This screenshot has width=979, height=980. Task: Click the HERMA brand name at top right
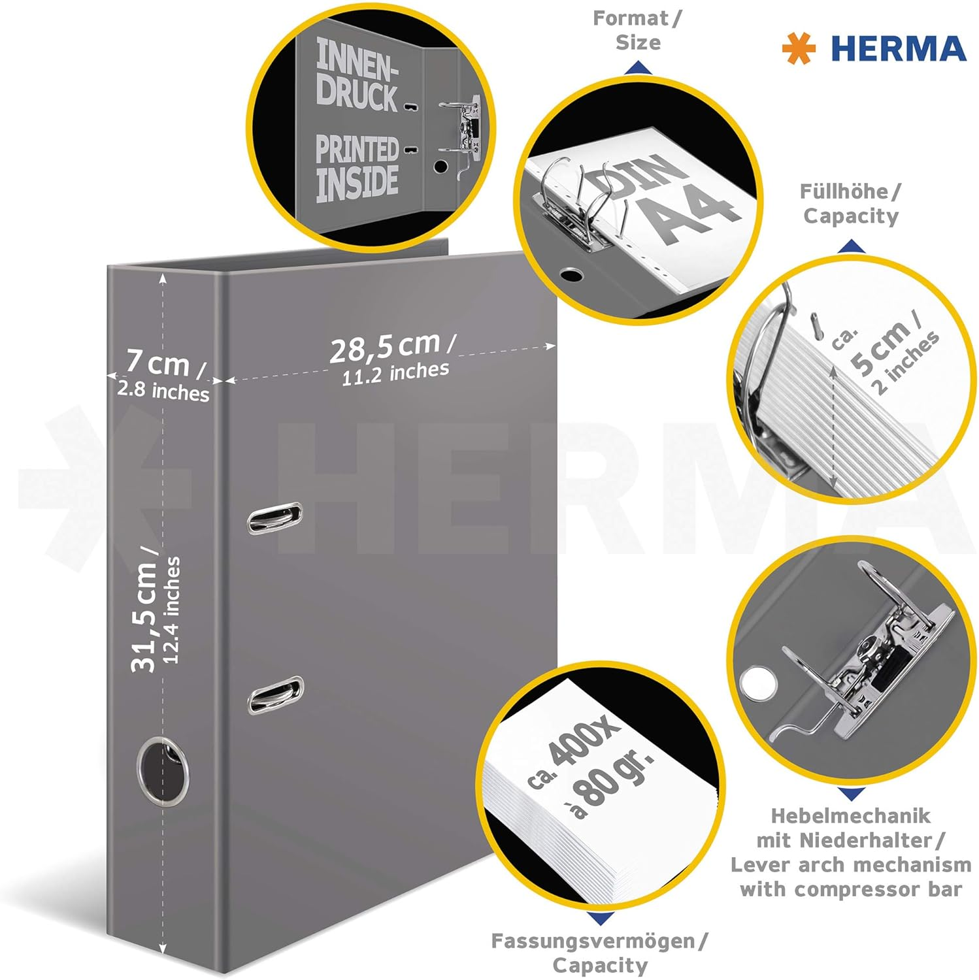pyautogui.click(x=898, y=49)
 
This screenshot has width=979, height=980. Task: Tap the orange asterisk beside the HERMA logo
pyautogui.click(x=799, y=49)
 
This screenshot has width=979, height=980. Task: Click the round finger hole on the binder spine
pyautogui.click(x=163, y=769)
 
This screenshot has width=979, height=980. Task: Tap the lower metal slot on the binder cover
pyautogui.click(x=275, y=695)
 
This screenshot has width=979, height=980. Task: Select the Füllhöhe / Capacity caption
pyautogui.click(x=850, y=204)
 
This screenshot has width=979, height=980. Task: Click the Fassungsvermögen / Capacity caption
pyautogui.click(x=599, y=953)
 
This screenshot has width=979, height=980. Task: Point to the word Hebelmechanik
pyautogui.click(x=850, y=815)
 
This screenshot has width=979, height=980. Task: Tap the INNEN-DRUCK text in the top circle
pyautogui.click(x=357, y=73)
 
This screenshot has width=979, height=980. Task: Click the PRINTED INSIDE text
pyautogui.click(x=357, y=167)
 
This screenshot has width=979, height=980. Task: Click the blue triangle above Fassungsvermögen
pyautogui.click(x=599, y=919)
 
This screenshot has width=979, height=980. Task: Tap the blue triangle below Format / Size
pyautogui.click(x=637, y=67)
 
